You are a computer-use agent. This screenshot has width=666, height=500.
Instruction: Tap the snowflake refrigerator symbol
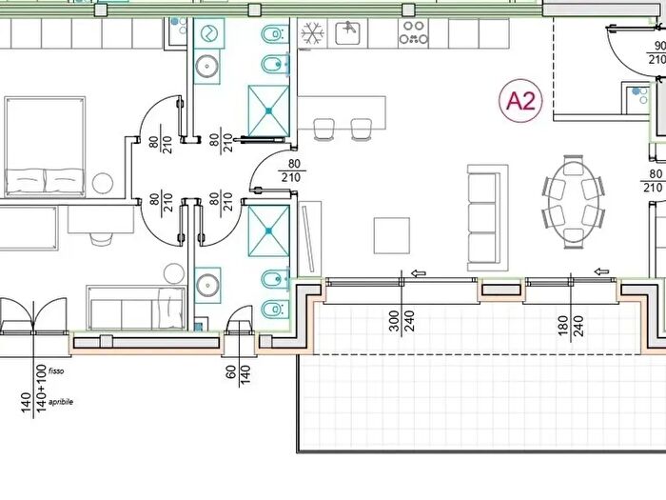tap(312, 33)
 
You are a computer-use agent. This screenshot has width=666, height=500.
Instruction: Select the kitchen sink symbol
tap(348, 32)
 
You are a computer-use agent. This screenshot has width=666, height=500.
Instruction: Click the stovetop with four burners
tap(413, 32)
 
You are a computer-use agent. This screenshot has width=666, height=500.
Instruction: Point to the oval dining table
tap(574, 202)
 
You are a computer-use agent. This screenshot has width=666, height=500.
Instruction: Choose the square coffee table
tap(392, 235)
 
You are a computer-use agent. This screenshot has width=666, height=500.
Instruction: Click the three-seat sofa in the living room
tap(487, 218)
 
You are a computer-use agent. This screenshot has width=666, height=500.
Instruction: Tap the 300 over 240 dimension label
tap(402, 321)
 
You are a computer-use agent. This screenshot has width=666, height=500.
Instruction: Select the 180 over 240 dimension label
tap(571, 326)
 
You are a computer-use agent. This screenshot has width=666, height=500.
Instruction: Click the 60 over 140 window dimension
tap(238, 374)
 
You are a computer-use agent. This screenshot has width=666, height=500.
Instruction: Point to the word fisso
tap(56, 371)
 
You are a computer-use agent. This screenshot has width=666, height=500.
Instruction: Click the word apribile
tap(61, 402)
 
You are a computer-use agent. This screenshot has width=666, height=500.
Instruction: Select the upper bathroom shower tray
tap(268, 110)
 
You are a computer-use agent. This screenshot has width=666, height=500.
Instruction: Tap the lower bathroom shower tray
tap(268, 230)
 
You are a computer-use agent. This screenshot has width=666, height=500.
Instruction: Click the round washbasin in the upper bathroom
tap(206, 66)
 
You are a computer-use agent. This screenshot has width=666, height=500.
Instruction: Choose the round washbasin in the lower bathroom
tap(207, 284)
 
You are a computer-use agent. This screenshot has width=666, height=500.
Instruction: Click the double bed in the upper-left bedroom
tap(45, 147)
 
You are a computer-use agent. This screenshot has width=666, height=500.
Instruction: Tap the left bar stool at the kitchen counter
tap(323, 130)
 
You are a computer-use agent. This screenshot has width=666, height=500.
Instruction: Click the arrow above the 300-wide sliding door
tap(419, 273)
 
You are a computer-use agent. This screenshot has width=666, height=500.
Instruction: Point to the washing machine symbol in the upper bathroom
tap(208, 32)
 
